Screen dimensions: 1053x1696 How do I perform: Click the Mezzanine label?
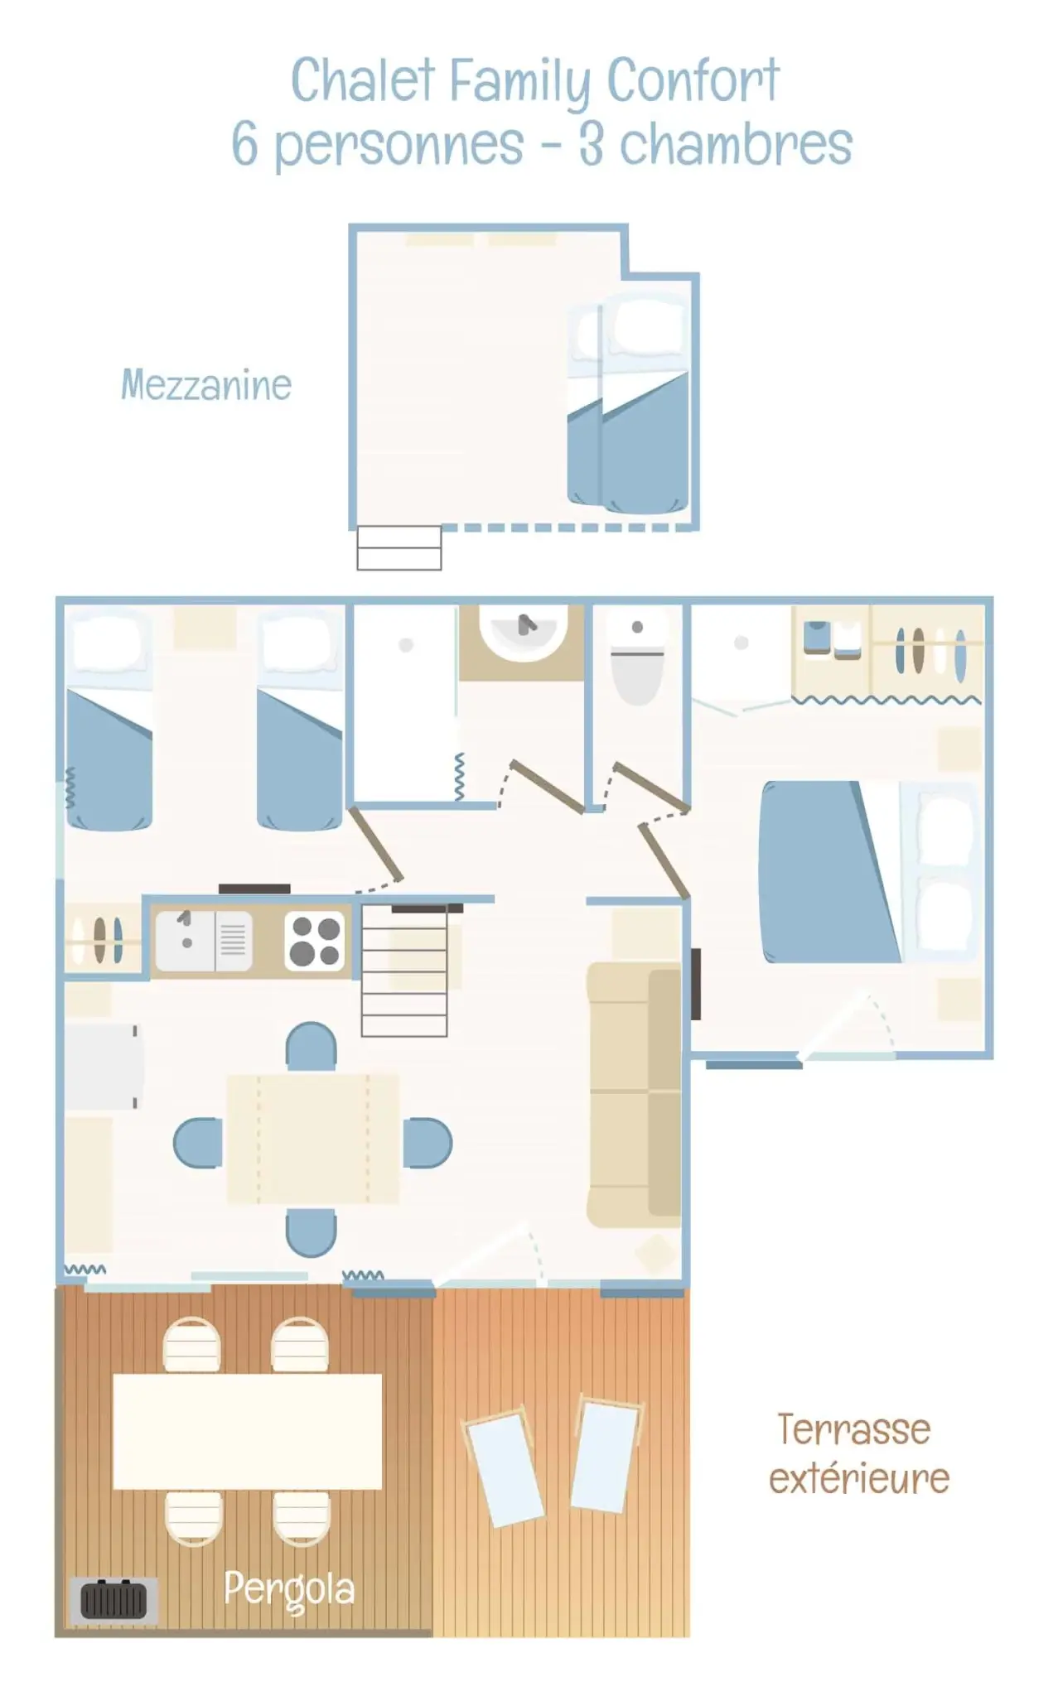pyautogui.click(x=206, y=385)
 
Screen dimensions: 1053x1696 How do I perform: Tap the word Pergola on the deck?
pyautogui.click(x=289, y=1589)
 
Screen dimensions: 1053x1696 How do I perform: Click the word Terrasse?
pyautogui.click(x=854, y=1429)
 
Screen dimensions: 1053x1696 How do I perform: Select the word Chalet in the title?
pyautogui.click(x=362, y=80)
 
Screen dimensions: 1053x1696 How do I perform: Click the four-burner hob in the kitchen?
pyautogui.click(x=314, y=941)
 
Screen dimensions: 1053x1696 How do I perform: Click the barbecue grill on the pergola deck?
pyautogui.click(x=114, y=1599)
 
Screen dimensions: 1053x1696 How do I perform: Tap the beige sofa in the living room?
pyautogui.click(x=635, y=1094)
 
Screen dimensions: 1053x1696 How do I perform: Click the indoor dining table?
pyautogui.click(x=312, y=1139)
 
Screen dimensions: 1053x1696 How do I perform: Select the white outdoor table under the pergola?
pyautogui.click(x=247, y=1432)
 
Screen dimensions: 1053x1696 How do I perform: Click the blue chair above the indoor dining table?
pyautogui.click(x=311, y=1047)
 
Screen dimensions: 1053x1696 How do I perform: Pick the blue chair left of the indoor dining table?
pyautogui.click(x=198, y=1143)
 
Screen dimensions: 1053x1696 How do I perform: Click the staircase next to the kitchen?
pyautogui.click(x=404, y=970)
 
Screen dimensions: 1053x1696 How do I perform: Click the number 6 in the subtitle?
pyautogui.click(x=244, y=143)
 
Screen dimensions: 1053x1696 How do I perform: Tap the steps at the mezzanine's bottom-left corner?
pyautogui.click(x=399, y=547)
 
